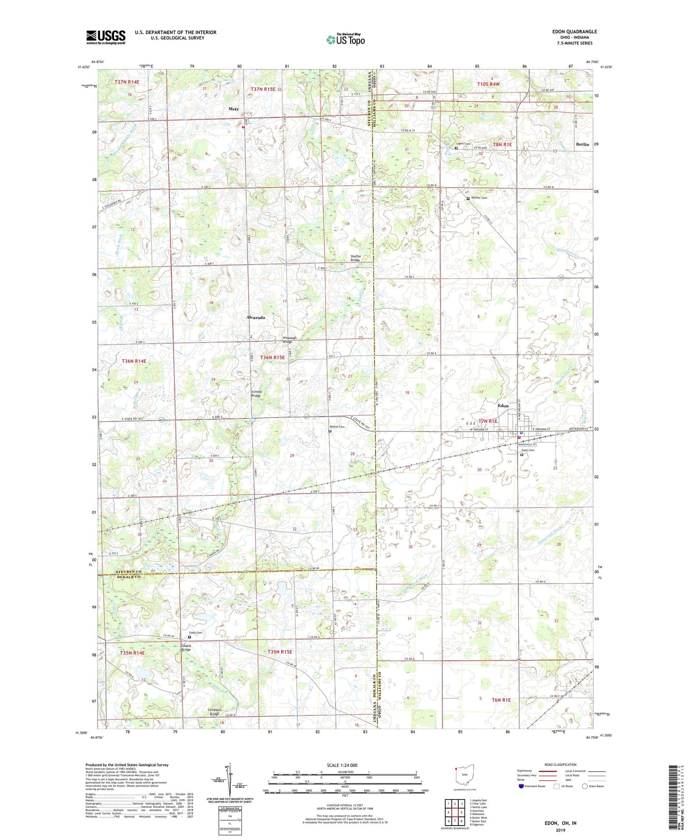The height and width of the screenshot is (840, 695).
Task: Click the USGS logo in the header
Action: pos(106,37)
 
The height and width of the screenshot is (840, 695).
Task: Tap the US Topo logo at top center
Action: pos(346,39)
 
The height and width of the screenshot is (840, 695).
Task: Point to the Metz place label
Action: pos(233,109)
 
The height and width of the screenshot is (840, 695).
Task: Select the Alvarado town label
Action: pos(255,318)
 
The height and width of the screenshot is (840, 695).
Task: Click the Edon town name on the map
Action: pos(503,406)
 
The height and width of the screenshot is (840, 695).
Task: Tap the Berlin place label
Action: pos(582,144)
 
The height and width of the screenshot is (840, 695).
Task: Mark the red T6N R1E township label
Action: pos(501,700)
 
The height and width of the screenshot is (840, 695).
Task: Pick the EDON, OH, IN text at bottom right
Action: pos(560,823)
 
